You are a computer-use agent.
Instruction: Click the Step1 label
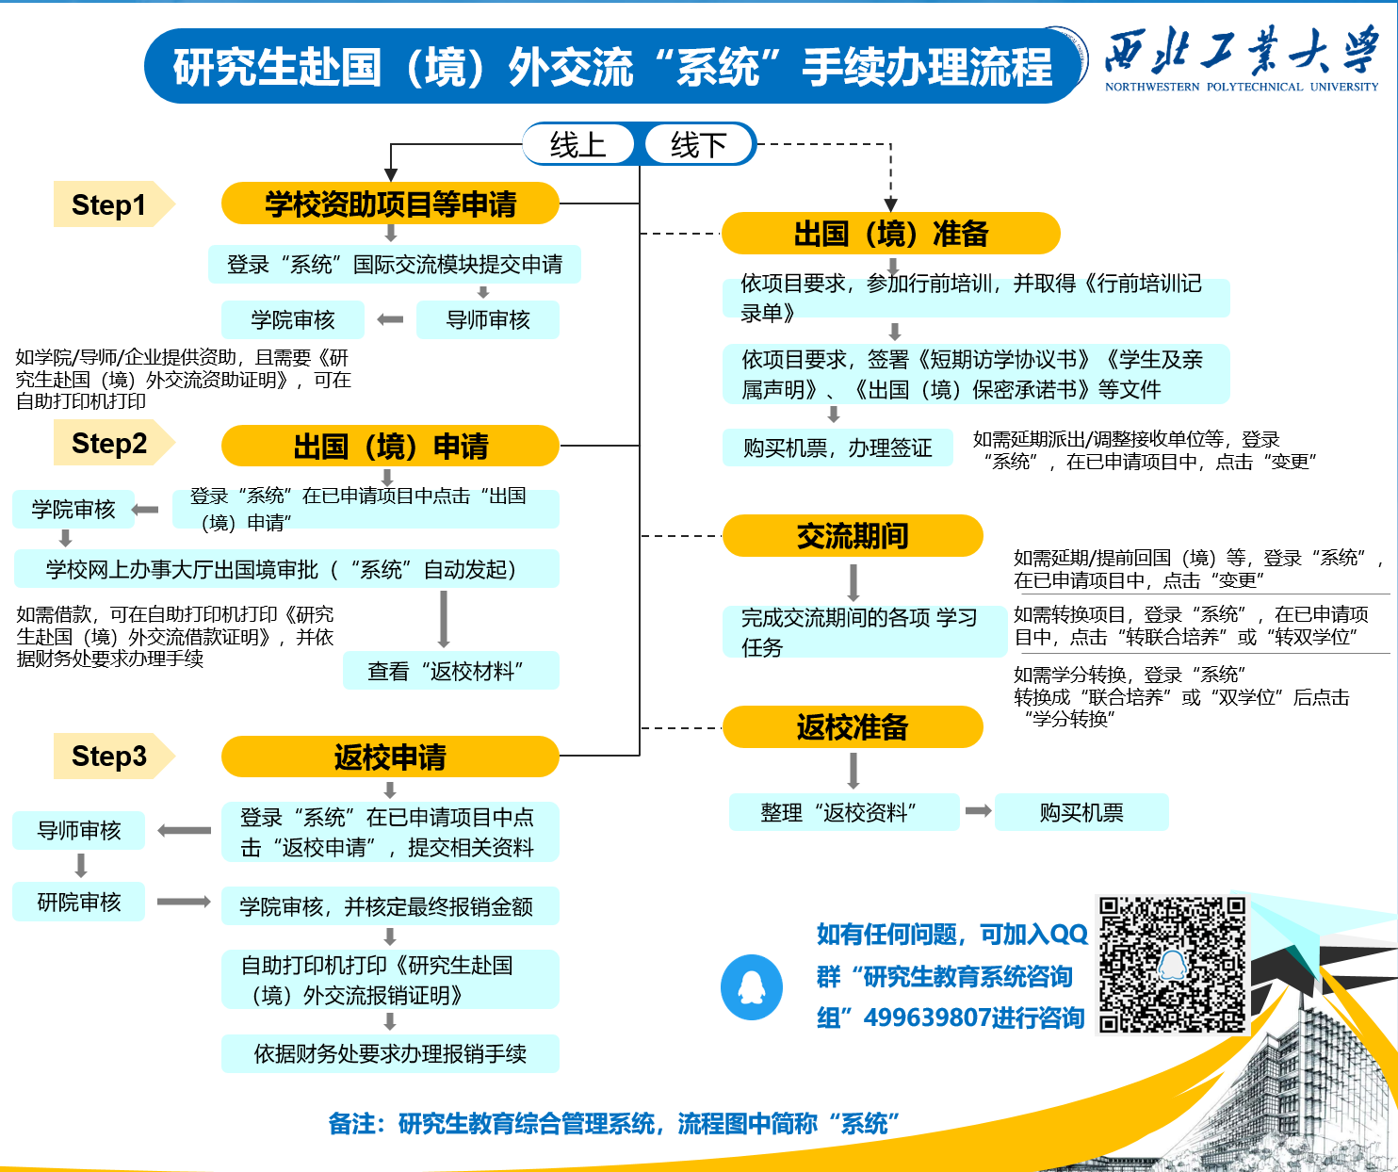click(x=109, y=204)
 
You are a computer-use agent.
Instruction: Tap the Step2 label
click(x=109, y=443)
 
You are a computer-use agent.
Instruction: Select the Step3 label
click(x=109, y=756)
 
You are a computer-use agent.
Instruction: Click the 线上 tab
click(x=578, y=144)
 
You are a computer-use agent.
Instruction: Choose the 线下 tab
click(x=698, y=144)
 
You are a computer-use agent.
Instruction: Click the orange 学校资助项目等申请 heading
click(x=390, y=203)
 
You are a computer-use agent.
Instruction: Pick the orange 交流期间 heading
click(x=853, y=535)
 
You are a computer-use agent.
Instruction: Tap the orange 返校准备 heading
click(x=853, y=726)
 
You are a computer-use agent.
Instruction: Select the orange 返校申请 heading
click(x=390, y=757)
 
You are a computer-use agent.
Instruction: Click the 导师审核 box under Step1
click(x=488, y=320)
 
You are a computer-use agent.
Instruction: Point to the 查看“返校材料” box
click(x=450, y=671)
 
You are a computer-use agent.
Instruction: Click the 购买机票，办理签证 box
click(x=837, y=448)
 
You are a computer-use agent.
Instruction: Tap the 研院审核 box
click(x=79, y=902)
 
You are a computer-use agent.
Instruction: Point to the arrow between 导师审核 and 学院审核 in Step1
click(x=390, y=320)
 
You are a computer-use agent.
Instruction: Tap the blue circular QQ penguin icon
click(x=752, y=987)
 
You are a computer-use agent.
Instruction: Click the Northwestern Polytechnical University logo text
click(x=1242, y=58)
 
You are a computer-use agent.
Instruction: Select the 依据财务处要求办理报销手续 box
click(x=390, y=1053)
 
